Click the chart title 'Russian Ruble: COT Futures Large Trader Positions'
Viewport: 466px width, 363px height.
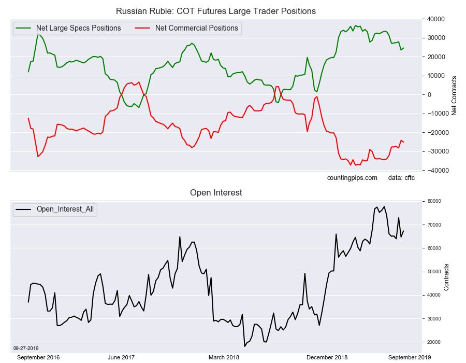click(x=215, y=11)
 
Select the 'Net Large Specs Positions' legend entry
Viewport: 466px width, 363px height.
click(x=78, y=28)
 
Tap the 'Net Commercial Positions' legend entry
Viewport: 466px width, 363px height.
click(x=196, y=28)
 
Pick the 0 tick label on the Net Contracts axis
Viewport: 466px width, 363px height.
click(x=429, y=95)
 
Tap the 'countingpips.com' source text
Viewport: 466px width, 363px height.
click(x=352, y=178)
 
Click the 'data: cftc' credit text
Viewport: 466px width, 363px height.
click(x=401, y=178)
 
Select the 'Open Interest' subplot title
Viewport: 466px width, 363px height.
click(x=216, y=193)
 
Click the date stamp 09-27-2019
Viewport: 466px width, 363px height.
click(x=25, y=348)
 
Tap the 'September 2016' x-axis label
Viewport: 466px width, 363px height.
click(x=39, y=357)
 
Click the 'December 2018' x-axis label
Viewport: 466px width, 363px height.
click(x=327, y=357)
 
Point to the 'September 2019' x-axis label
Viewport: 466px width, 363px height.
click(x=409, y=357)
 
